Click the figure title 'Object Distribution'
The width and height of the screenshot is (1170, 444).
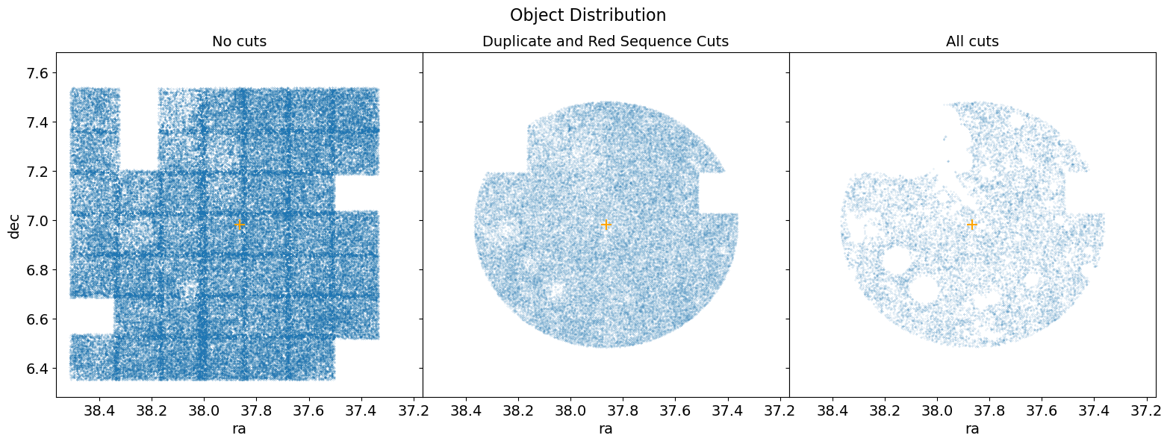tap(588, 15)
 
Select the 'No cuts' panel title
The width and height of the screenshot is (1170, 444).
tap(239, 42)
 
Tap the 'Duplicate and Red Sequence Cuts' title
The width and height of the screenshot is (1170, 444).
tap(606, 42)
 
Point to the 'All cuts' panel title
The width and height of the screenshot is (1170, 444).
tap(972, 42)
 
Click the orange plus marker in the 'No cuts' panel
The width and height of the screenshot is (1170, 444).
tap(239, 224)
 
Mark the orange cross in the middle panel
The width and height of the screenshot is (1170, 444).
tap(606, 224)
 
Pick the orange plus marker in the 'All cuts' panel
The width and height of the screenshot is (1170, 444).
tap(972, 224)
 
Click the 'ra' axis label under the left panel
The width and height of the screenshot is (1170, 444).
tap(239, 429)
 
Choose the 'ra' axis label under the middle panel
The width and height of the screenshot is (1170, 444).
tap(606, 429)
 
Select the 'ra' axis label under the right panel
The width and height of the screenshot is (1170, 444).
tap(972, 429)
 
